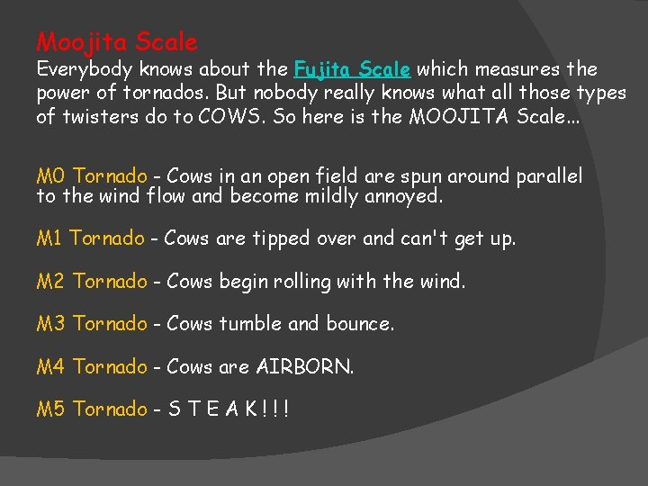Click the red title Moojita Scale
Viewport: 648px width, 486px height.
tap(117, 42)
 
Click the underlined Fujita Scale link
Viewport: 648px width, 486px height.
tap(352, 69)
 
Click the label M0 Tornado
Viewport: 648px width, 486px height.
tap(91, 176)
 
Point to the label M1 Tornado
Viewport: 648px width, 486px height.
tap(90, 238)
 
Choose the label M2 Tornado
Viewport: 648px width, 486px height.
tap(91, 282)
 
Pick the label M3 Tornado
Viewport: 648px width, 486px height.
tap(91, 324)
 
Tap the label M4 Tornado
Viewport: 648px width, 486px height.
tap(91, 367)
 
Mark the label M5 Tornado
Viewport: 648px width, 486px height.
tap(91, 409)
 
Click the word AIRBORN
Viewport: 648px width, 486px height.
tap(305, 367)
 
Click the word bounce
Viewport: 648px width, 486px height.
tap(359, 324)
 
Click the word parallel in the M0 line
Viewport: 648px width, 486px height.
tap(549, 176)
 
